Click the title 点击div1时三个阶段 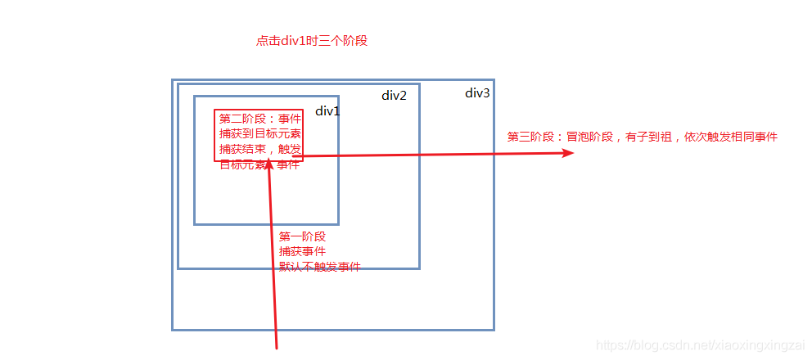(x=312, y=41)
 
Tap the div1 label (x=327, y=111)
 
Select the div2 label (x=394, y=96)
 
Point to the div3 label (x=477, y=93)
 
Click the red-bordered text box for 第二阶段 (x=259, y=135)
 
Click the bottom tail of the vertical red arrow (x=277, y=347)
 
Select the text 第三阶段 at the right (x=530, y=137)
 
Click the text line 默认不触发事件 (x=319, y=268)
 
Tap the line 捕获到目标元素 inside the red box (x=259, y=134)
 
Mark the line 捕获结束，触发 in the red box (x=259, y=150)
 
